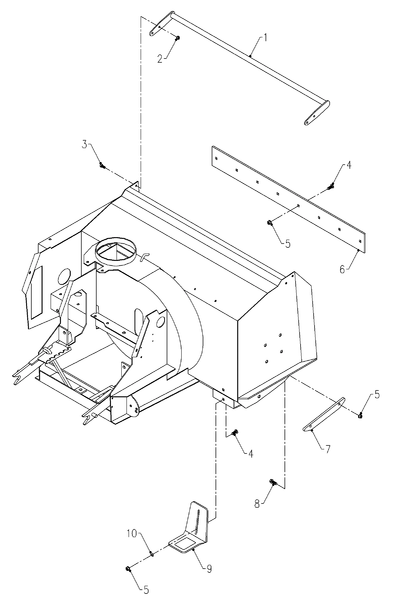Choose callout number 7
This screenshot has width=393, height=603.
click(x=328, y=449)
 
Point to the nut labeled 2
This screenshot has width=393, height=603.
click(x=178, y=38)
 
